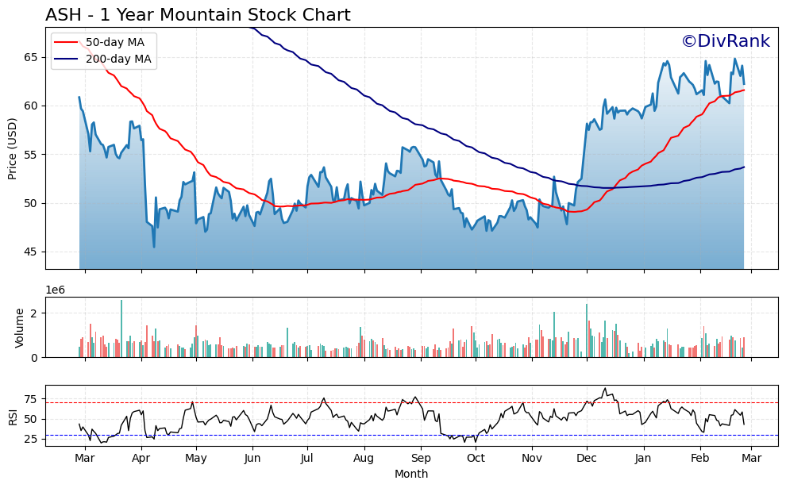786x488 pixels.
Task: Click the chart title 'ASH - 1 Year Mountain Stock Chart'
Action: click(x=198, y=15)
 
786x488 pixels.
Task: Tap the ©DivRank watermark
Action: click(x=725, y=42)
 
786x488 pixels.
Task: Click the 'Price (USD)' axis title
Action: click(x=13, y=148)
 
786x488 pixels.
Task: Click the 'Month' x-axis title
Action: click(x=411, y=474)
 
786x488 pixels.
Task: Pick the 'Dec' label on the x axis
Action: click(x=586, y=458)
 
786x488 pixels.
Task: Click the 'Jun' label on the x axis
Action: click(x=252, y=458)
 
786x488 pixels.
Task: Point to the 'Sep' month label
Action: click(x=421, y=458)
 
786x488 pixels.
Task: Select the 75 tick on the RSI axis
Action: click(x=32, y=399)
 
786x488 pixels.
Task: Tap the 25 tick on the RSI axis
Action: click(x=32, y=439)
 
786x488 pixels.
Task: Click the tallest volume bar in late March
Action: click(x=121, y=329)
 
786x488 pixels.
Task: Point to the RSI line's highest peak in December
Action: click(x=605, y=388)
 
